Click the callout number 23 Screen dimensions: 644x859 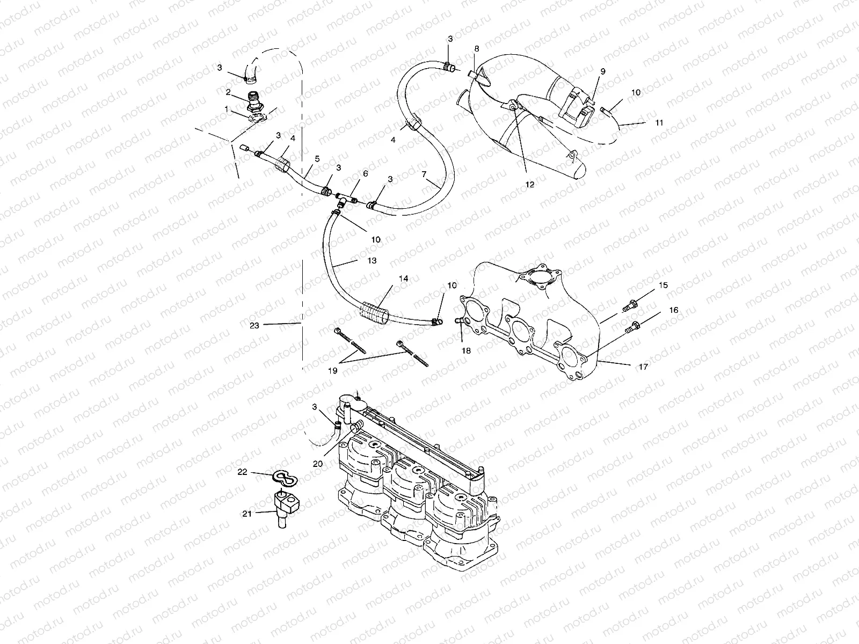tap(254, 325)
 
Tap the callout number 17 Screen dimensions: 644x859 tap(643, 367)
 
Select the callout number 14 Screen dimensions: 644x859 tap(403, 279)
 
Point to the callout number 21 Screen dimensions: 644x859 tap(246, 514)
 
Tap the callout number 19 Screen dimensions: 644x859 tap(333, 370)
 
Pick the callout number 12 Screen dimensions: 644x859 tap(530, 184)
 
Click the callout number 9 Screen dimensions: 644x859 tap(603, 71)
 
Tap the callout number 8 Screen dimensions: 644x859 tap(476, 49)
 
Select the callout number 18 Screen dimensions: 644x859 tap(466, 350)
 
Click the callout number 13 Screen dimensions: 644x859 tap(372, 260)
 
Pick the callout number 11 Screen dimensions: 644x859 tap(659, 122)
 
